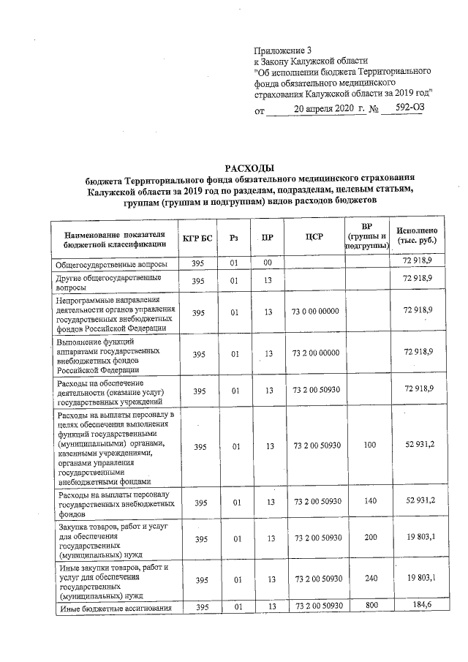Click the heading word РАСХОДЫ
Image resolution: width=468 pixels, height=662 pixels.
[x=252, y=169]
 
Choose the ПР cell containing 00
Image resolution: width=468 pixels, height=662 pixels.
[x=268, y=262]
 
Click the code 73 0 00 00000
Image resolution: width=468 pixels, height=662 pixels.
[x=315, y=312]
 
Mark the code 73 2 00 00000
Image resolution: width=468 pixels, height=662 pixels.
[x=315, y=353]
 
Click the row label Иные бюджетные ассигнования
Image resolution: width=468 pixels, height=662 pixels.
[x=114, y=608]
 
